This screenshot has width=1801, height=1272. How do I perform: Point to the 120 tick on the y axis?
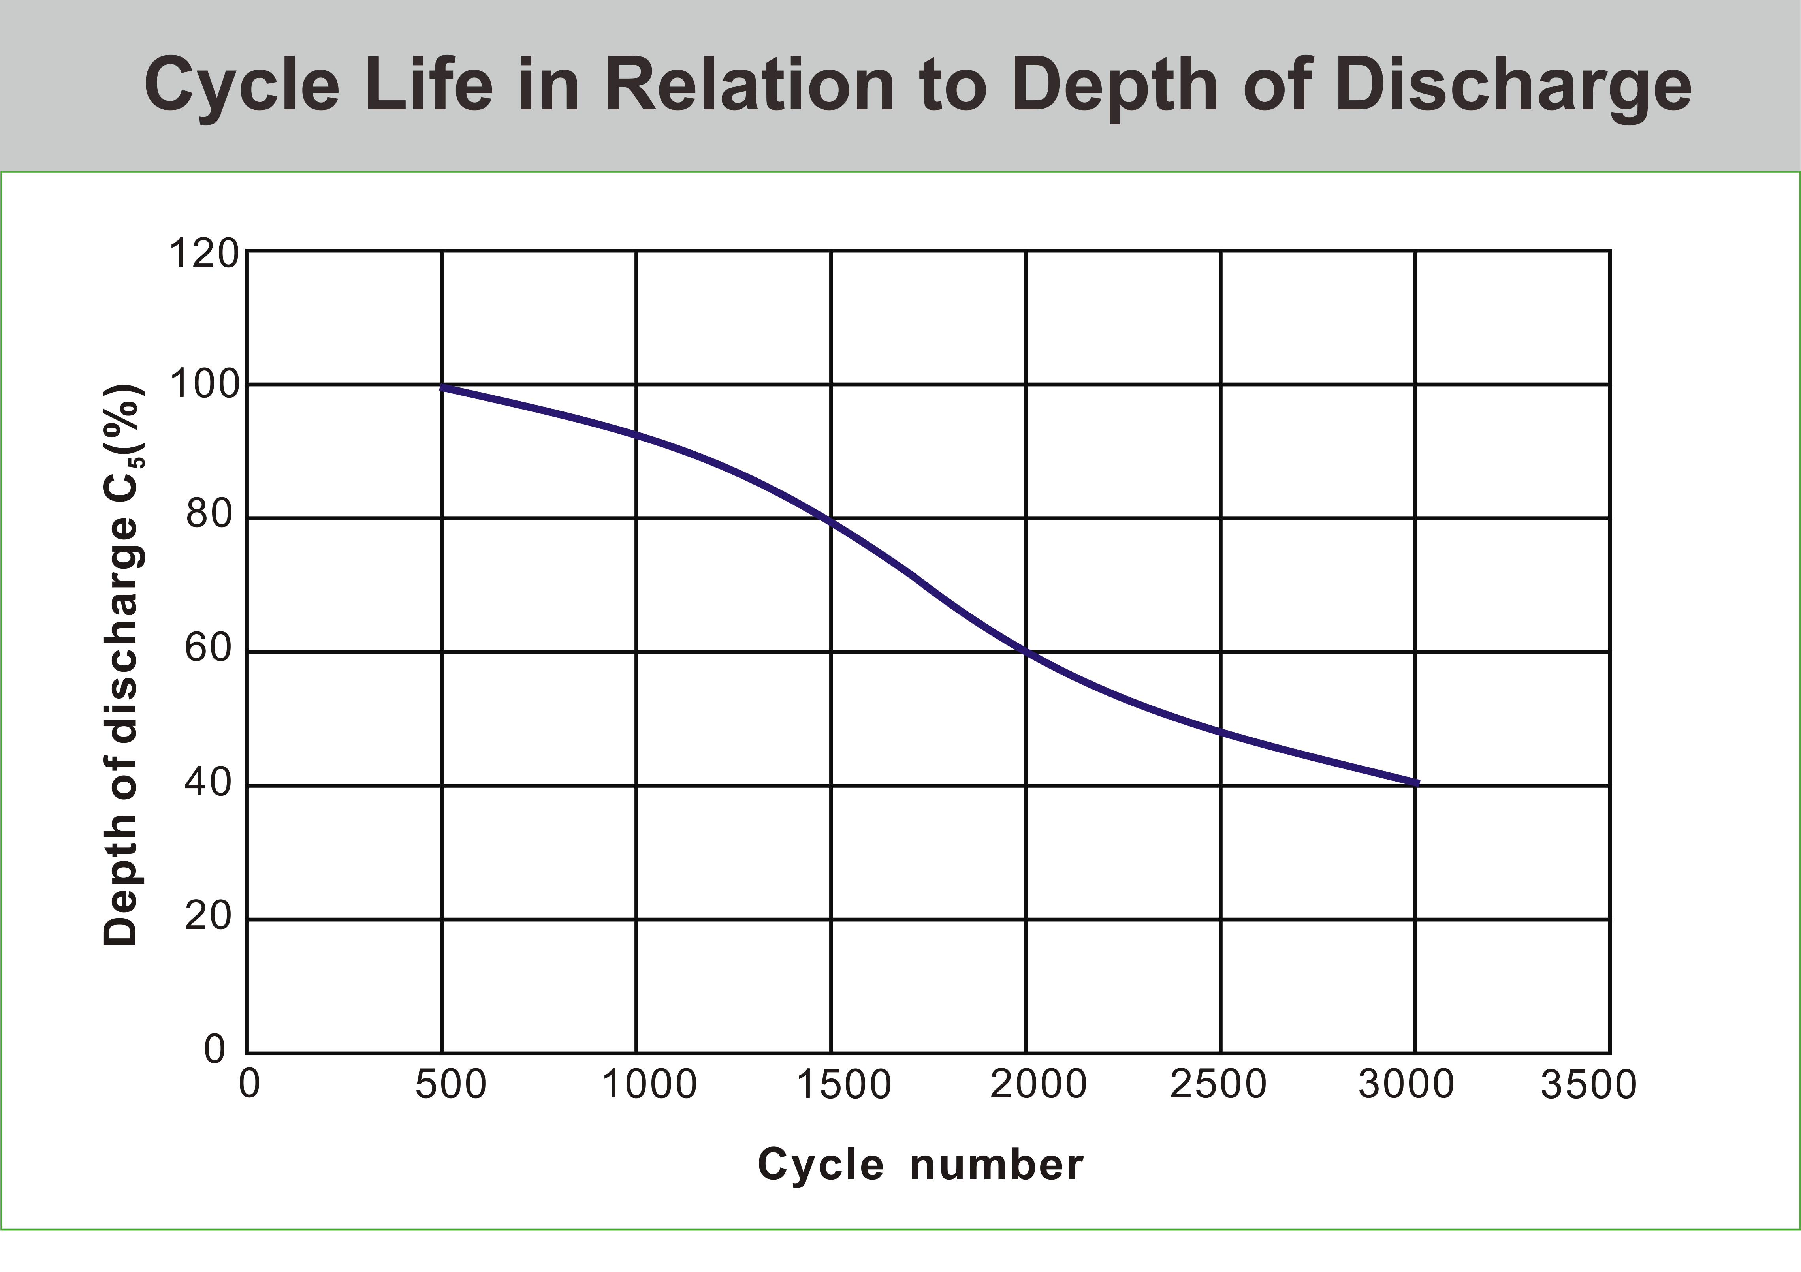point(203,254)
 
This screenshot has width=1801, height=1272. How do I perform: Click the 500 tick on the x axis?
point(451,1084)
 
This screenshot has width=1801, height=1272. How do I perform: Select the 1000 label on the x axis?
point(649,1084)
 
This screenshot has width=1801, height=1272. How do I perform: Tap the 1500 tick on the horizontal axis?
point(844,1084)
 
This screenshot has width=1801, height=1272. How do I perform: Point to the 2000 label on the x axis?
point(1039,1084)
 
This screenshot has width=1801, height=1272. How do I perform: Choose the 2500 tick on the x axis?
point(1218,1084)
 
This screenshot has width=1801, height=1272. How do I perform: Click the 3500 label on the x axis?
point(1589,1084)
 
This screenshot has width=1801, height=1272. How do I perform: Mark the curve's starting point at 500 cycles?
point(442,387)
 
